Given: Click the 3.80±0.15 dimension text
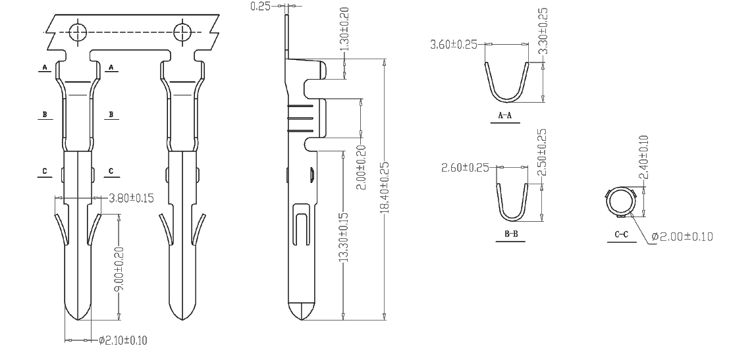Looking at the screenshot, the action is click(x=130, y=198).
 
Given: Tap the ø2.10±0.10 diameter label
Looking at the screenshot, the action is click(x=122, y=340).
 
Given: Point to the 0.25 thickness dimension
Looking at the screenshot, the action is click(x=260, y=6).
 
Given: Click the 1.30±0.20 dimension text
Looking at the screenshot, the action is click(x=344, y=30).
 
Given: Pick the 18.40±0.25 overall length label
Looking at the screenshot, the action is click(x=385, y=188).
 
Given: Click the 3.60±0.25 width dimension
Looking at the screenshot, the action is click(x=454, y=45).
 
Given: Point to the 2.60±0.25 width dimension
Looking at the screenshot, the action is click(x=465, y=167).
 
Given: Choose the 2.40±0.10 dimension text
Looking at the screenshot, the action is click(x=643, y=157).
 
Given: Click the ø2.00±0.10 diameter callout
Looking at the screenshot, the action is click(x=682, y=236).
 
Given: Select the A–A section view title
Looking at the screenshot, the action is click(x=505, y=116).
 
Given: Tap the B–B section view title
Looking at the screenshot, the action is click(x=511, y=234).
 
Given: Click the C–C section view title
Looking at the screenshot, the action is click(x=622, y=234).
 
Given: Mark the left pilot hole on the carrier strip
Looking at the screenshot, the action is click(x=78, y=32).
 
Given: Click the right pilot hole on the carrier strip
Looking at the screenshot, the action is click(x=182, y=32).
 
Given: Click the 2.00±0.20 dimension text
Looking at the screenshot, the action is click(x=361, y=167).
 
